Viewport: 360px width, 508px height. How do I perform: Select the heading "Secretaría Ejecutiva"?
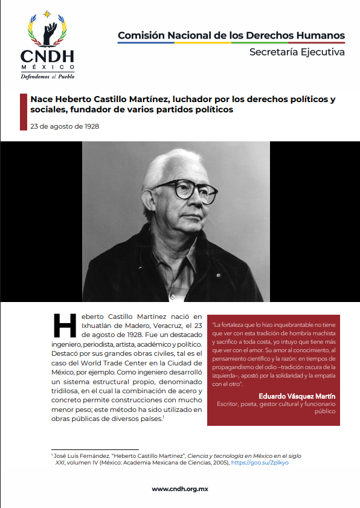[x=297, y=52]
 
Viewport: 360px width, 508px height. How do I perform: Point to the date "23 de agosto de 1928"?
[x=65, y=126]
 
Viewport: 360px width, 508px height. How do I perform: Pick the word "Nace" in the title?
[x=42, y=99]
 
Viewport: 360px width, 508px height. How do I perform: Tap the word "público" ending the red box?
[x=323, y=411]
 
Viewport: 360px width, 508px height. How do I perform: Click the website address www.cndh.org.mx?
[x=180, y=489]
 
